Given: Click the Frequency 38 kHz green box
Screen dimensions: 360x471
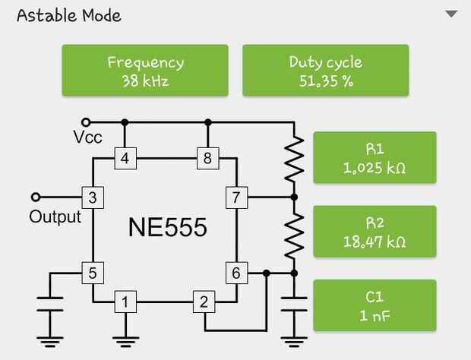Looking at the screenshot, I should pyautogui.click(x=145, y=71).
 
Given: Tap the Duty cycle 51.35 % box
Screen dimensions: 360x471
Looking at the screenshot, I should pyautogui.click(x=325, y=71).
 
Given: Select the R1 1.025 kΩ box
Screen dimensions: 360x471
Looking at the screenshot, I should pyautogui.click(x=375, y=158).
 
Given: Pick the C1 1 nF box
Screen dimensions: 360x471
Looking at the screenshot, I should pyautogui.click(x=375, y=306).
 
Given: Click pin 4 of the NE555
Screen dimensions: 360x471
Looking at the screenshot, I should pyautogui.click(x=125, y=159).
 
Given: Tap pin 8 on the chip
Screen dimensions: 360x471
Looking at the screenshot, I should pyautogui.click(x=207, y=159).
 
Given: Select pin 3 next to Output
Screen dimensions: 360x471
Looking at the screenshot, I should pyautogui.click(x=92, y=198).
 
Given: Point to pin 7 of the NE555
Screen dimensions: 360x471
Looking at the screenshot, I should pyautogui.click(x=236, y=198).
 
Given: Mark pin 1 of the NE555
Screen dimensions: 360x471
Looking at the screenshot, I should pyautogui.click(x=125, y=302).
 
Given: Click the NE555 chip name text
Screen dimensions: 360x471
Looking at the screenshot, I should pyautogui.click(x=166, y=228).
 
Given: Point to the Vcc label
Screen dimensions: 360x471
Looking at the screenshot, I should pyautogui.click(x=88, y=137).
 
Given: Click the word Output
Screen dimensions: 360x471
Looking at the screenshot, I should pyautogui.click(x=55, y=217).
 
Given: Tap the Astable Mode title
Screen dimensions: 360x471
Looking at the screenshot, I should pyautogui.click(x=68, y=15).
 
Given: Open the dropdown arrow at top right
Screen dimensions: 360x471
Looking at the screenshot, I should pyautogui.click(x=452, y=14).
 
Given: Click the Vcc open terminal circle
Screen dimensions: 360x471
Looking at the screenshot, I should pyautogui.click(x=86, y=122).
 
